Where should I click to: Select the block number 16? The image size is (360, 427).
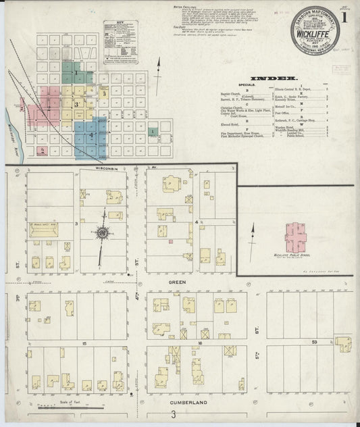point(196,343)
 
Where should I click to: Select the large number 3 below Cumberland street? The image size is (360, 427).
point(174,413)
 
